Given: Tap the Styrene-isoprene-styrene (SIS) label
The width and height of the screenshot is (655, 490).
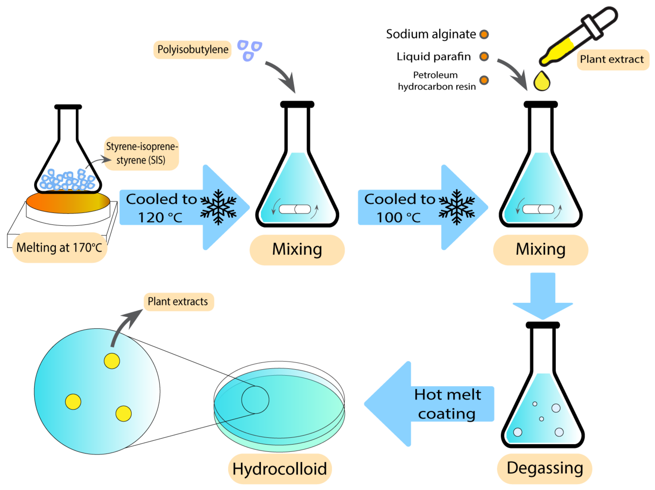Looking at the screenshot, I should (x=141, y=153).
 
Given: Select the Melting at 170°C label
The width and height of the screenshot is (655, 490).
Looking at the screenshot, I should (x=59, y=247).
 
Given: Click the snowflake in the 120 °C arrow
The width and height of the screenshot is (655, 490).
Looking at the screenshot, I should (x=218, y=207).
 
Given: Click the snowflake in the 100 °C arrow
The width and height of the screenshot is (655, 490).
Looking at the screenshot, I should (x=457, y=207).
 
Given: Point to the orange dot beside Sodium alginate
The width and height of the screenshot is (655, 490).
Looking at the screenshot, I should (x=484, y=34).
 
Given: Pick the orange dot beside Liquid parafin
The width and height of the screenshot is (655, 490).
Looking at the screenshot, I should (x=484, y=56).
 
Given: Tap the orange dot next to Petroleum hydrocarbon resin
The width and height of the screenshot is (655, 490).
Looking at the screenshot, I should (x=484, y=80).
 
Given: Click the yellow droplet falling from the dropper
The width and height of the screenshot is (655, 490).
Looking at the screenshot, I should (x=542, y=82).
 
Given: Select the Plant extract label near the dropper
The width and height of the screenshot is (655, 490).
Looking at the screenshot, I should (x=612, y=59).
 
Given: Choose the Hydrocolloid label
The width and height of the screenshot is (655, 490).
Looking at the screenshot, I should (x=280, y=469).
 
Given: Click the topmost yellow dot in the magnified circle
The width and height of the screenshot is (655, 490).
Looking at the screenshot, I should (x=112, y=361).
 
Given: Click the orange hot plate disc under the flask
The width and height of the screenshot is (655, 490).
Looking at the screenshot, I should (x=68, y=202).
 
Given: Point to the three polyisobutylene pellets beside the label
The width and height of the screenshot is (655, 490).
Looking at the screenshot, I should (x=249, y=50).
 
